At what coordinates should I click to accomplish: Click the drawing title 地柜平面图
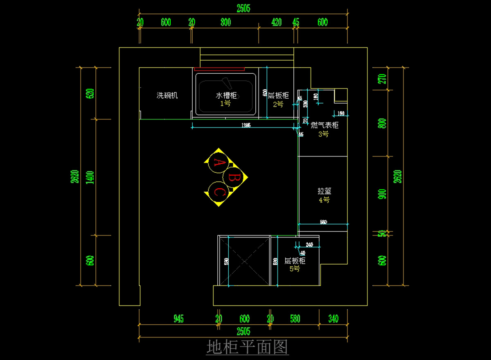pyautogui.click(x=248, y=348)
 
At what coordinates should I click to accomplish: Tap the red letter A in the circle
pyautogui.click(x=219, y=163)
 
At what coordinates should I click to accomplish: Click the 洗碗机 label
pyautogui.click(x=167, y=95)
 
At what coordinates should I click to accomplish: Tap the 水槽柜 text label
pyautogui.click(x=226, y=95)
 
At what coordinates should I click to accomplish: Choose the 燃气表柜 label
pyautogui.click(x=324, y=125)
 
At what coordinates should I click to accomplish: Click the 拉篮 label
pyautogui.click(x=324, y=191)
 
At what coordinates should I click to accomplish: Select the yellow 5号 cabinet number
pyautogui.click(x=294, y=269)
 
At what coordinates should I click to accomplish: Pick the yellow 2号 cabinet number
pyautogui.click(x=278, y=104)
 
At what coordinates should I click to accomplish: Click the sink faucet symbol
pyautogui.click(x=226, y=82)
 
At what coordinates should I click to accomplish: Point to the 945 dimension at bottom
pyautogui.click(x=178, y=319)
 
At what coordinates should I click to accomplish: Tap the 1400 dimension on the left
pyautogui.click(x=90, y=177)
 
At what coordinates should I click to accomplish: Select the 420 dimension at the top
pyautogui.click(x=277, y=23)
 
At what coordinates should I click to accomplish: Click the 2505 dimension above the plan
pyautogui.click(x=243, y=8)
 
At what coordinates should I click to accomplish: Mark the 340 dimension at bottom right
pyautogui.click(x=333, y=319)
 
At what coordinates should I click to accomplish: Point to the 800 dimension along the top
pyautogui.click(x=225, y=23)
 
